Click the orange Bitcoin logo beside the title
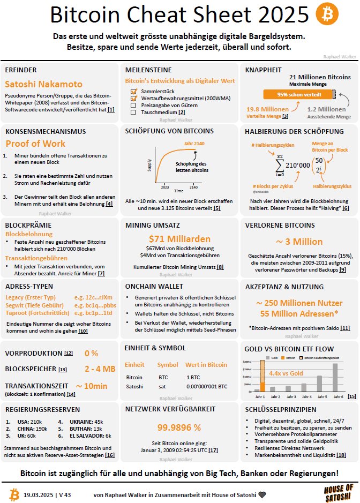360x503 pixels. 327,15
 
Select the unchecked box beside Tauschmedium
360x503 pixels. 134,112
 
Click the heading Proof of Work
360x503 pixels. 35,144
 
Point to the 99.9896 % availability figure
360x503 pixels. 179,427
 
